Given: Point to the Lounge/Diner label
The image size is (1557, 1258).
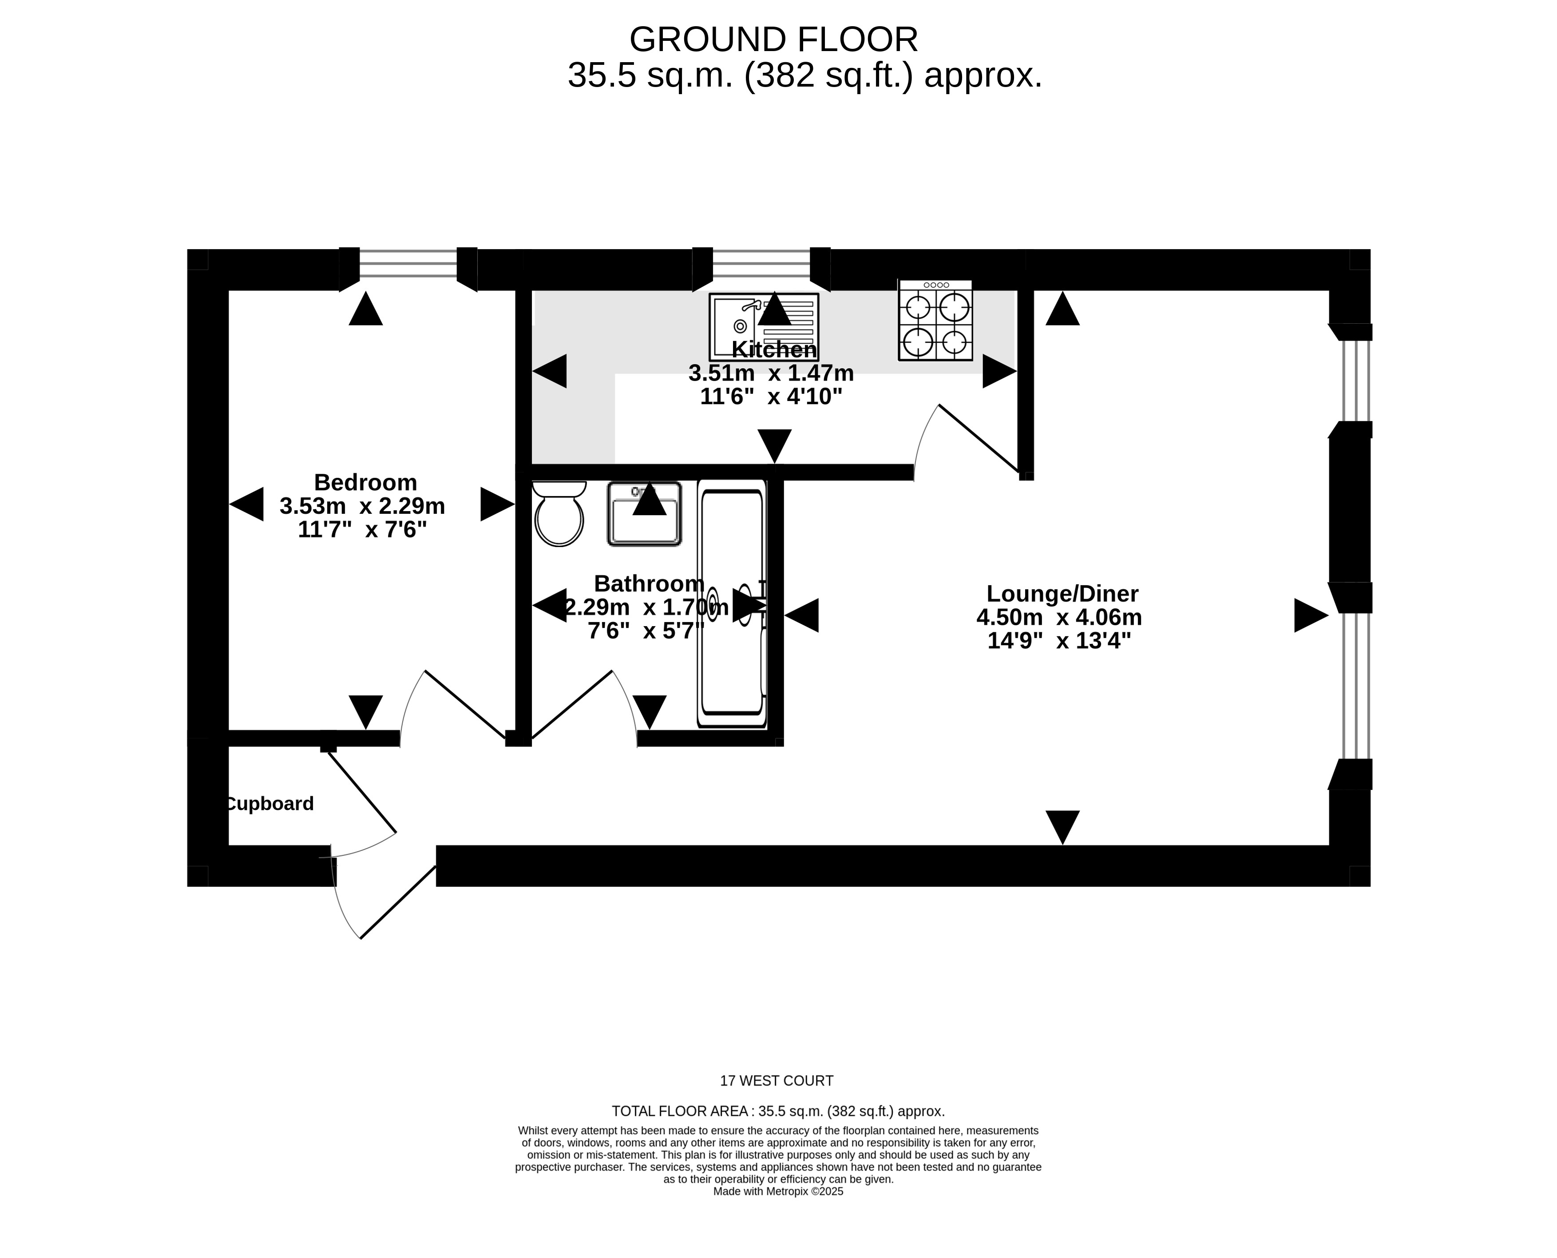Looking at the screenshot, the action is (1062, 594).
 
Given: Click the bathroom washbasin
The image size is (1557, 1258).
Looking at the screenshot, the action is (644, 514).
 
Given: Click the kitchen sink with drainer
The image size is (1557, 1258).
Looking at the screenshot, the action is (764, 327).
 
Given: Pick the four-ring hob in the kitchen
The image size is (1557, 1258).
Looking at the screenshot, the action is (935, 320).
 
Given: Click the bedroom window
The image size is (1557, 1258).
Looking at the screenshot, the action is (408, 264).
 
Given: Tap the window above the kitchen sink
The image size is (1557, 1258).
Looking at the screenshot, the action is (761, 264).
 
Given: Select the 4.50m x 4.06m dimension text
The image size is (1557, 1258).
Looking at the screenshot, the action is (1059, 617).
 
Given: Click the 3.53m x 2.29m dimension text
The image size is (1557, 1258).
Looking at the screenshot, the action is (362, 506).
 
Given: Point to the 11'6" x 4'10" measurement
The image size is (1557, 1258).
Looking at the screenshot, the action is (772, 397).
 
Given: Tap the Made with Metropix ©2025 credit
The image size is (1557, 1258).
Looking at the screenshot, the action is (778, 1191).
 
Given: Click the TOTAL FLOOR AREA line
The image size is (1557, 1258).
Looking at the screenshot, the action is (778, 1111).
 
